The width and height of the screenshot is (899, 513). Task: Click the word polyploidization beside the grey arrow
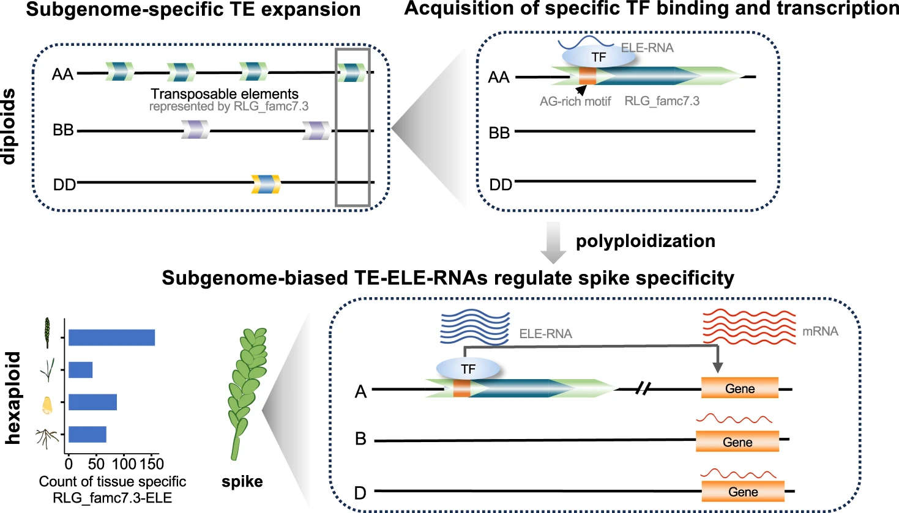[645, 241]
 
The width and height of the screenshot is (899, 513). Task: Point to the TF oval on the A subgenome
[468, 369]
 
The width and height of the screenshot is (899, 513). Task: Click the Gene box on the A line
[739, 388]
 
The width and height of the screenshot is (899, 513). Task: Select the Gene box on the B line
[737, 441]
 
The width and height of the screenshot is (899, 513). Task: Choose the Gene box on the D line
[743, 492]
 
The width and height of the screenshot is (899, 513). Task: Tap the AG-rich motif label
[575, 101]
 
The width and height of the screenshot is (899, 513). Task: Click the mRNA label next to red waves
[820, 331]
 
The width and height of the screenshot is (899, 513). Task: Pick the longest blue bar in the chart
[111, 338]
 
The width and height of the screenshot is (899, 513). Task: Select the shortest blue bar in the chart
[80, 370]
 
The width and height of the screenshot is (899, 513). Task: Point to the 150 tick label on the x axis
[151, 463]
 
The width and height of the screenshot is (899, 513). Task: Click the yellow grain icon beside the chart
[47, 404]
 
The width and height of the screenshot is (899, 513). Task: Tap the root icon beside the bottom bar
[47, 437]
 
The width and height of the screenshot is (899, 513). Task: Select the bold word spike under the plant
[242, 482]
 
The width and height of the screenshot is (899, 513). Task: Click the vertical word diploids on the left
[9, 127]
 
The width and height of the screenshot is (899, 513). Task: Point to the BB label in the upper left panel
[63, 130]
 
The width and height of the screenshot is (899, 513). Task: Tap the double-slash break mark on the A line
[642, 388]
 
